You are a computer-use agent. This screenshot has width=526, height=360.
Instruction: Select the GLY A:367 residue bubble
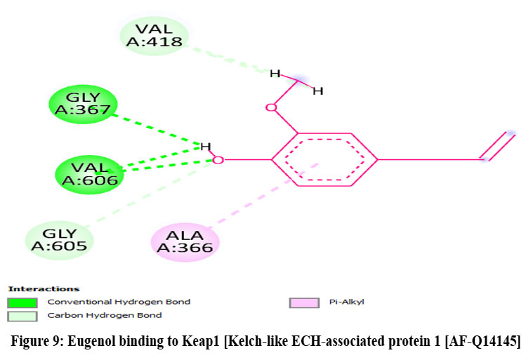(x=81, y=103)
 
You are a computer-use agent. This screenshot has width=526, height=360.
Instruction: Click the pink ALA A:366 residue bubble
(x=185, y=242)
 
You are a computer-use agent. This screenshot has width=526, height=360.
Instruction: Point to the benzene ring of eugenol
(x=325, y=159)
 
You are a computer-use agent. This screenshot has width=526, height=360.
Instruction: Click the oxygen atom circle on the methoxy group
(x=270, y=107)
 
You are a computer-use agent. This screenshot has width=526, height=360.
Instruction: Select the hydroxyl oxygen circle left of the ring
(x=218, y=160)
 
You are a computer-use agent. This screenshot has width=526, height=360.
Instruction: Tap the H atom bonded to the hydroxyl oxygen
(x=205, y=146)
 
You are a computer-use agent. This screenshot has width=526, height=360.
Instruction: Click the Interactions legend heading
(x=44, y=288)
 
